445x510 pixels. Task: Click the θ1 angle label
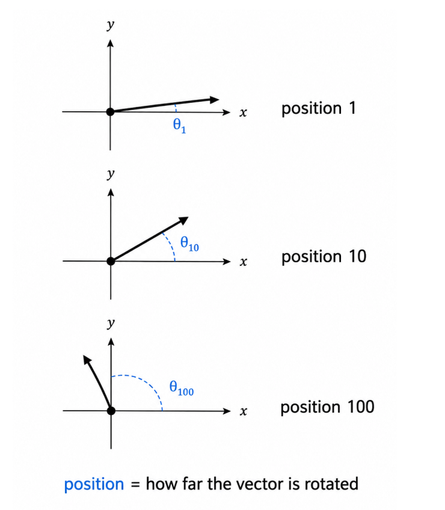click(x=179, y=126)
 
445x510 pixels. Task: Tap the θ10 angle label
click(x=189, y=244)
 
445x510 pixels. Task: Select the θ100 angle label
click(x=181, y=389)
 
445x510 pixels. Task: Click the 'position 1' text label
click(x=319, y=109)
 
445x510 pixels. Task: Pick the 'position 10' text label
click(x=324, y=257)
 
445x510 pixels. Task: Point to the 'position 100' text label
click(x=327, y=407)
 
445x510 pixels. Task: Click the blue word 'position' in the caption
click(x=94, y=484)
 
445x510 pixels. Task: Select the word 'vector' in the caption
click(x=260, y=484)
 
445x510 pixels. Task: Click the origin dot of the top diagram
click(x=110, y=112)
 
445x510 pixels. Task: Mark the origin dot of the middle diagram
click(x=111, y=261)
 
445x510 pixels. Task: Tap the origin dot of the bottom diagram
click(x=111, y=411)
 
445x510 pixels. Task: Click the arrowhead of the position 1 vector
click(x=215, y=100)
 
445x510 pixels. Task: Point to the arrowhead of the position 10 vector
click(x=184, y=220)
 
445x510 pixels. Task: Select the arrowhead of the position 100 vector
click(x=87, y=360)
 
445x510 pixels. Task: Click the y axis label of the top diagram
click(x=111, y=25)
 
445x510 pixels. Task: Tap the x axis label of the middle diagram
click(x=244, y=262)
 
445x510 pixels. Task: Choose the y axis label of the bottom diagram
click(x=111, y=324)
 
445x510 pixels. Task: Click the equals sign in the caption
click(x=135, y=485)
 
